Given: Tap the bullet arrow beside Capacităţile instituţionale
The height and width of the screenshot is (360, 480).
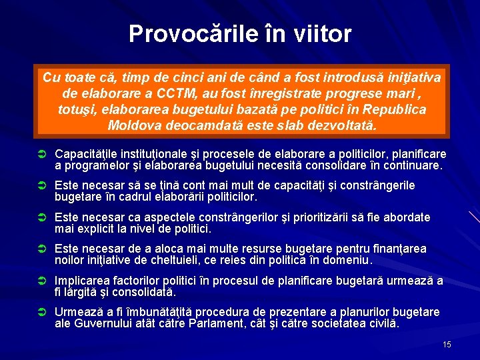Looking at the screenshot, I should [40, 155].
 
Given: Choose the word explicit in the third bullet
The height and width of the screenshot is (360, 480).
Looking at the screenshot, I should [103, 229].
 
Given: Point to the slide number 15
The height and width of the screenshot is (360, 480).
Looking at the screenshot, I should [447, 344].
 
